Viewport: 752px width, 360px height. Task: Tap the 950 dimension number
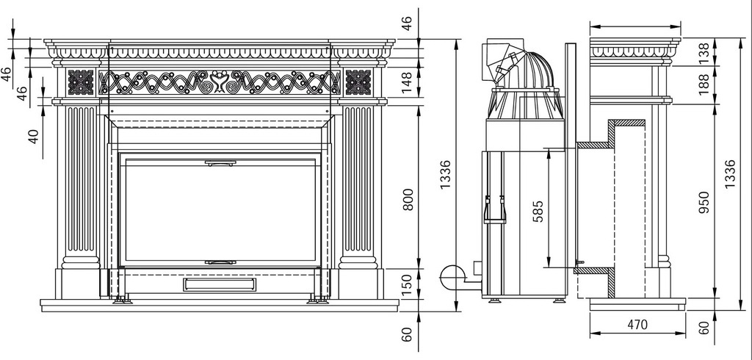[x=704, y=201]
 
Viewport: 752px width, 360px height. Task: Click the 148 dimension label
[x=409, y=82]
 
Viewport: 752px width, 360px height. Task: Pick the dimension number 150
[x=409, y=282]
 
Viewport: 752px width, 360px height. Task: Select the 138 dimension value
[x=704, y=52]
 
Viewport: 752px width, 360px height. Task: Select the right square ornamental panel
[x=358, y=82]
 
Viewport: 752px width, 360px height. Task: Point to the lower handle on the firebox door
[x=220, y=261]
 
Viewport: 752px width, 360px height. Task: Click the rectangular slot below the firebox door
[x=220, y=284]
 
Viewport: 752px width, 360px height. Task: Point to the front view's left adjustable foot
[x=120, y=299]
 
